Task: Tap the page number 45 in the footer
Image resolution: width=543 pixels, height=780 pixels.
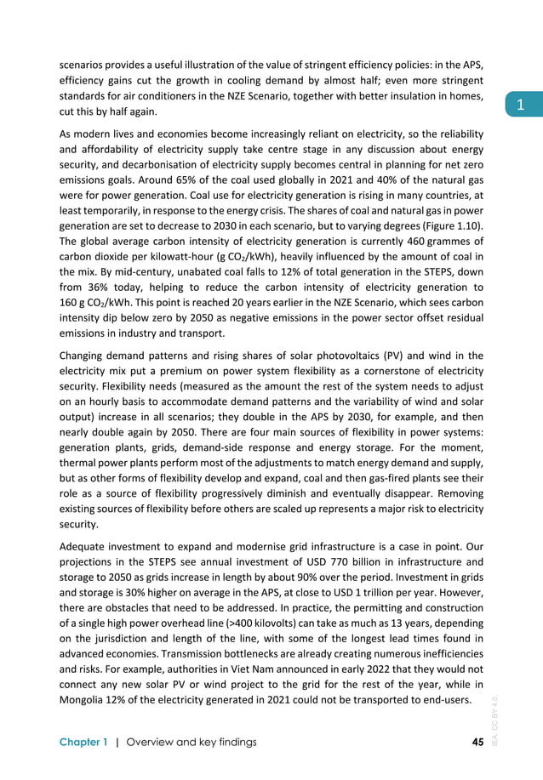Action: (477, 742)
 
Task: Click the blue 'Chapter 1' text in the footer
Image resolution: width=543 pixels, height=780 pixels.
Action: (83, 742)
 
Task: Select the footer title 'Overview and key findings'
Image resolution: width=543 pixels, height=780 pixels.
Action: (191, 742)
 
